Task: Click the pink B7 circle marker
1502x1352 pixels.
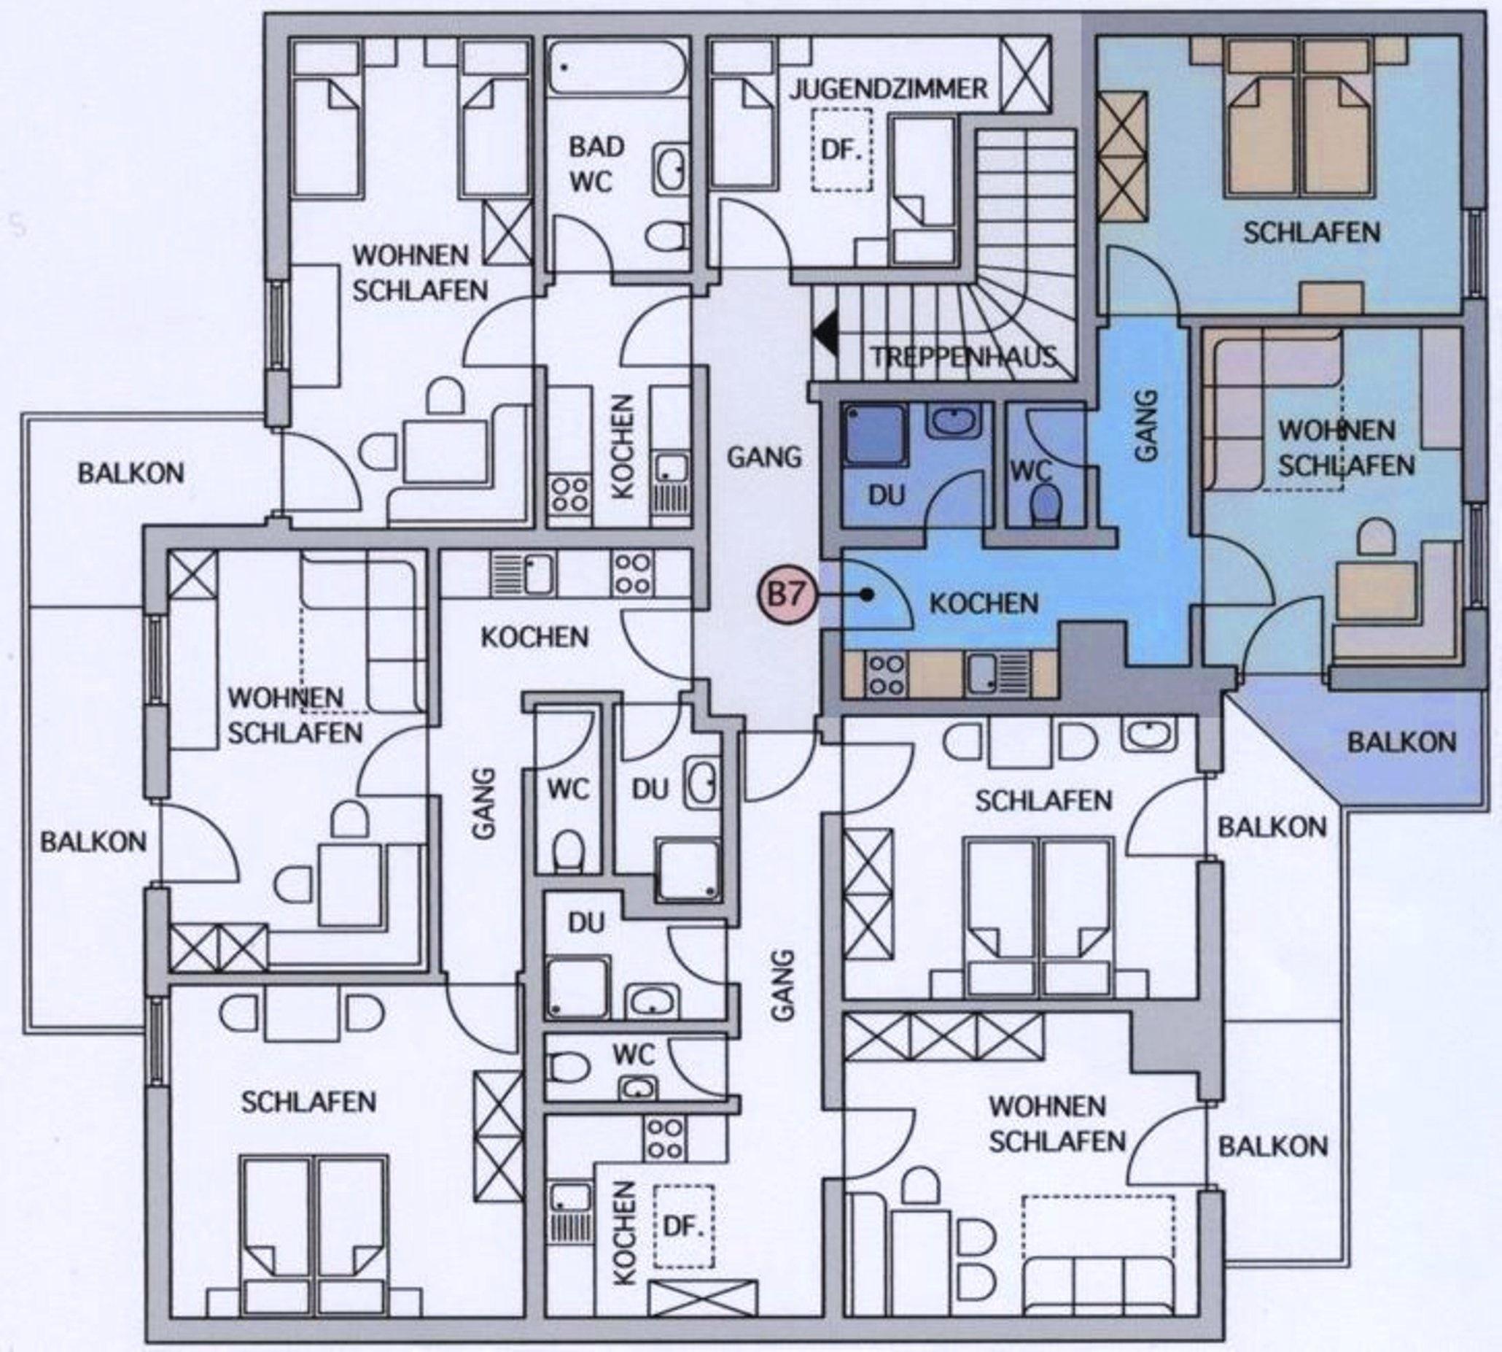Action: click(x=786, y=595)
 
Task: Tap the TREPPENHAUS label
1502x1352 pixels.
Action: click(x=964, y=358)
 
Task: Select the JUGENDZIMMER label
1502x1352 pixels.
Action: click(x=889, y=90)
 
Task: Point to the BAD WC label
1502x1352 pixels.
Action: click(x=596, y=165)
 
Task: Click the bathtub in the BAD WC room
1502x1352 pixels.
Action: click(x=618, y=67)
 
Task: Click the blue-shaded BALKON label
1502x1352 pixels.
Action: click(x=1401, y=742)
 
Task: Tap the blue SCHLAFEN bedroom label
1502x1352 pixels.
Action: click(x=1312, y=233)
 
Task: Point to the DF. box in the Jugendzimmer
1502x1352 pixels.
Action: click(x=841, y=150)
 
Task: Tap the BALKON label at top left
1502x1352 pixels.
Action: click(x=131, y=474)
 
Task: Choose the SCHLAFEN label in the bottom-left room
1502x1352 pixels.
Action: click(x=308, y=1102)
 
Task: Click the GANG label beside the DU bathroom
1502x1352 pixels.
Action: click(x=764, y=455)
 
